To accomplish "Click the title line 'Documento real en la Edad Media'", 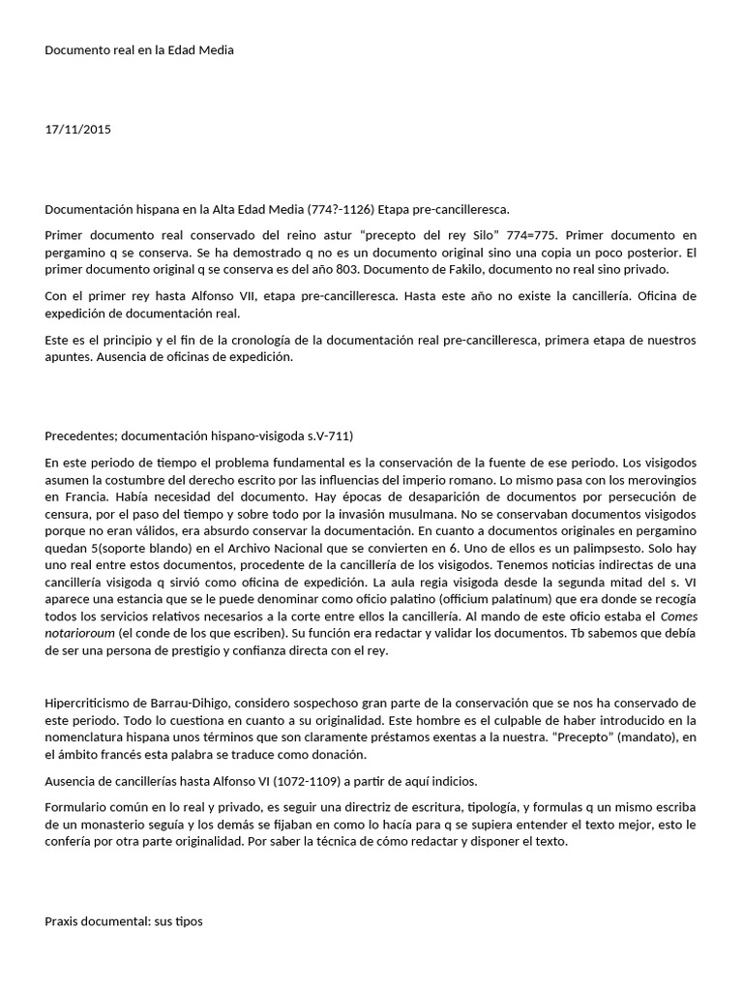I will [139, 50].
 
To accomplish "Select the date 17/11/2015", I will [77, 129].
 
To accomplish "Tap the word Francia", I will [83, 497].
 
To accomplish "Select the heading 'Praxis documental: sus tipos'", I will [124, 921].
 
